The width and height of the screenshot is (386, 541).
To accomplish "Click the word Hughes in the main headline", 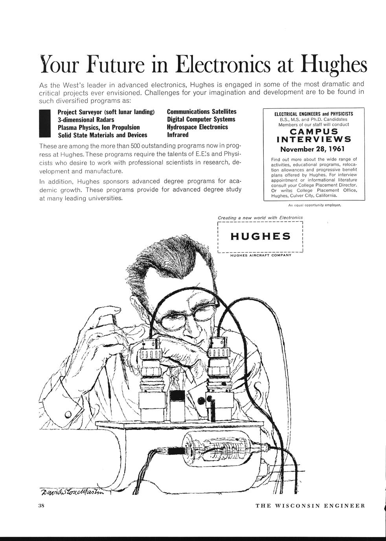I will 334,65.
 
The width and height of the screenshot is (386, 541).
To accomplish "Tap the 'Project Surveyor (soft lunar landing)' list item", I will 106,112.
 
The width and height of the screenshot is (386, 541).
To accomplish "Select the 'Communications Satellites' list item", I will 202,112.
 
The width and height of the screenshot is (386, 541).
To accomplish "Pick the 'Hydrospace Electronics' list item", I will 197,127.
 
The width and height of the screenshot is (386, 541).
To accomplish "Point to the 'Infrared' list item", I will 178,135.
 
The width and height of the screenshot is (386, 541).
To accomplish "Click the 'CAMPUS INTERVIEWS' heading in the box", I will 314,135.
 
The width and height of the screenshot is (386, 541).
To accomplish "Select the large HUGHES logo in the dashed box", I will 260,236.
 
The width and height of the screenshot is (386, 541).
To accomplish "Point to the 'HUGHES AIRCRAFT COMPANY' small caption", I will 260,255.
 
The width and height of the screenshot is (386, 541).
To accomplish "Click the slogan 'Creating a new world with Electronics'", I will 260,217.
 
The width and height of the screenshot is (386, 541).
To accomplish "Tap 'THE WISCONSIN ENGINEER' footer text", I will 311,506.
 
